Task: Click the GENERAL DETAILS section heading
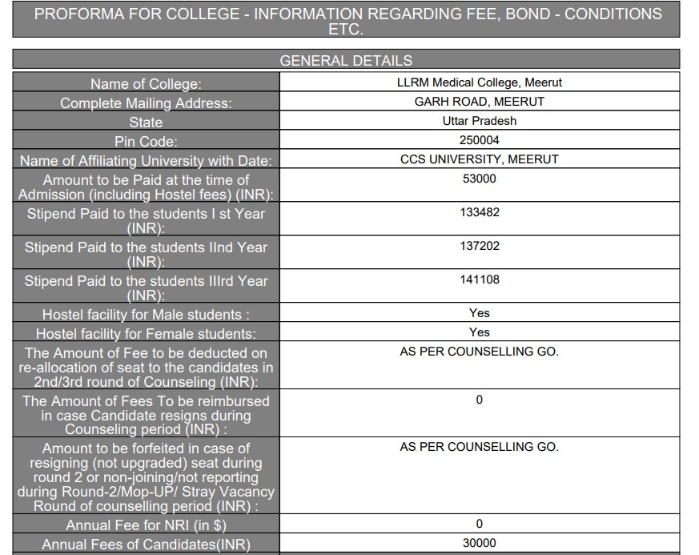(346, 60)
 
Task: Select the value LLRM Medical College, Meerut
(479, 82)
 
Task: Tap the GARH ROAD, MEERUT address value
(479, 102)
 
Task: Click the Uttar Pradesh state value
(479, 121)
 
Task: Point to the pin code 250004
(479, 140)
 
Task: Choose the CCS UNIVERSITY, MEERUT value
(479, 159)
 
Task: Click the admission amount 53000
(479, 179)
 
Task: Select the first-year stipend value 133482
(479, 212)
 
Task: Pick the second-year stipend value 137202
(479, 246)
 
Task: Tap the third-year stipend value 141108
(479, 280)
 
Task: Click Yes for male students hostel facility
(479, 313)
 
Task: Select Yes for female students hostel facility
(479, 332)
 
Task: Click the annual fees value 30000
(479, 543)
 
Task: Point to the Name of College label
(146, 84)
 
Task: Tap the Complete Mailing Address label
(146, 103)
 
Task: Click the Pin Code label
(146, 142)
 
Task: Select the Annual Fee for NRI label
(146, 525)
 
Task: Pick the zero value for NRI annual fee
(479, 524)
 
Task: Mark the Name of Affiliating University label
(146, 161)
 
